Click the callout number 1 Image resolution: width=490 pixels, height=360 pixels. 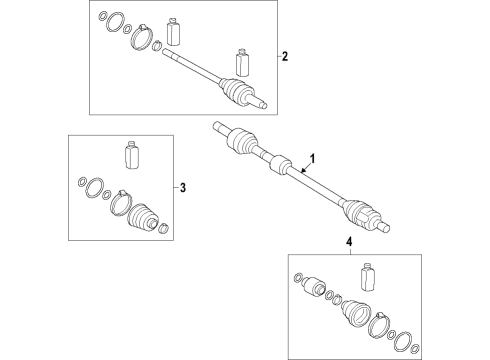tap(312, 159)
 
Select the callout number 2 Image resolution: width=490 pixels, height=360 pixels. tap(284, 56)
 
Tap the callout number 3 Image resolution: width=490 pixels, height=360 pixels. tap(182, 188)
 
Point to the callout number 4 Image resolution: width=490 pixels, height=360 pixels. tap(349, 242)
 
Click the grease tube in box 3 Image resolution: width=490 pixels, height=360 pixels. tap(131, 155)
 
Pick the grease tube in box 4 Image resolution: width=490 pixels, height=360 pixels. tap(368, 277)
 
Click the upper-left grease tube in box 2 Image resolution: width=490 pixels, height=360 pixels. tap(173, 31)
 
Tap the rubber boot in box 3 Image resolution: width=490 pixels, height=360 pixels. tap(142, 216)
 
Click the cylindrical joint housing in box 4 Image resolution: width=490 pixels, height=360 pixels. tap(314, 285)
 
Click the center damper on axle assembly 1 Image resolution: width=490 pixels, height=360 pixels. tap(280, 164)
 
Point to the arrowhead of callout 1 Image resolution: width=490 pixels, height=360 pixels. tap(302, 171)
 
